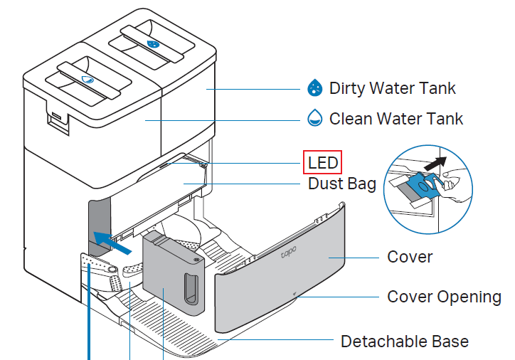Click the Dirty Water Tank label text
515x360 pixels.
(392, 88)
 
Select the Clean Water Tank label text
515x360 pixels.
(395, 118)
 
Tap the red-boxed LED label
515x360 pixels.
(323, 162)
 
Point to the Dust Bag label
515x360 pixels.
(342, 184)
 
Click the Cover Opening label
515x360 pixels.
(444, 296)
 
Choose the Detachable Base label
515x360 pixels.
(405, 342)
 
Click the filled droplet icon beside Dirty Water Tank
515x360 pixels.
(314, 88)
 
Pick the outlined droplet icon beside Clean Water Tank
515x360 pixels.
(314, 118)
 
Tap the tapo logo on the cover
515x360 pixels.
(288, 253)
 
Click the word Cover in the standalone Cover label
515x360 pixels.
(410, 256)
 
